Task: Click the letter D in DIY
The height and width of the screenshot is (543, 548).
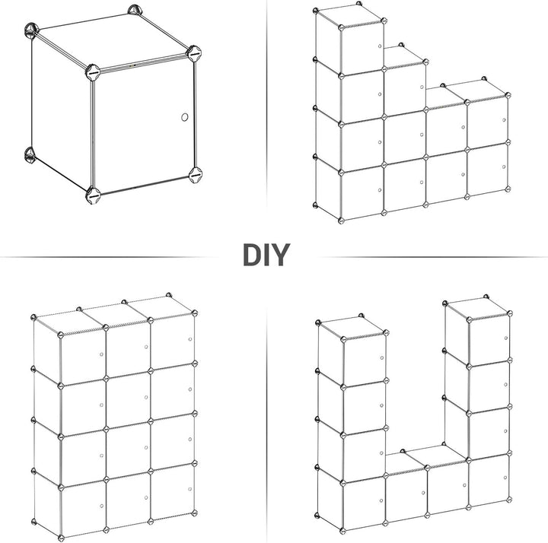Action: coord(252,255)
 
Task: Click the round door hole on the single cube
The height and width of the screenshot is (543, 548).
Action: coord(185,117)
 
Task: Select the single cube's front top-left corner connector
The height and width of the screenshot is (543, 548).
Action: coord(93,73)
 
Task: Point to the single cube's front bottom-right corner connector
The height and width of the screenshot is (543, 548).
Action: coord(196,174)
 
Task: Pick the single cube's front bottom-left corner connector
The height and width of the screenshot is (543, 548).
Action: coord(93,195)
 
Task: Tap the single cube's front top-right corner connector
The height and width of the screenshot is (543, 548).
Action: coord(194,53)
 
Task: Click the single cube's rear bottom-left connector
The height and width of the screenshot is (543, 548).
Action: coord(30,154)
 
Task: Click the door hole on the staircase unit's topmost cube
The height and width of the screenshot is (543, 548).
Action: coord(380,46)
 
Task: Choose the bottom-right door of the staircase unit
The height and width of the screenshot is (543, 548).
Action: coord(487,169)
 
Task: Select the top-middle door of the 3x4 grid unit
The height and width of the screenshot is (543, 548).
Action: coord(129,349)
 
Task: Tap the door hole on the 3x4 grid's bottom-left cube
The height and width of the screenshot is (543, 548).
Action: coord(101,506)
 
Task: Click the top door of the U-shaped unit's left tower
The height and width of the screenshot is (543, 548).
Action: coord(365,359)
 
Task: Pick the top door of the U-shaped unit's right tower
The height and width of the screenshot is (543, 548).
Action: coord(489,340)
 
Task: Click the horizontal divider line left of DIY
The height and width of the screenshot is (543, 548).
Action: coord(108,257)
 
